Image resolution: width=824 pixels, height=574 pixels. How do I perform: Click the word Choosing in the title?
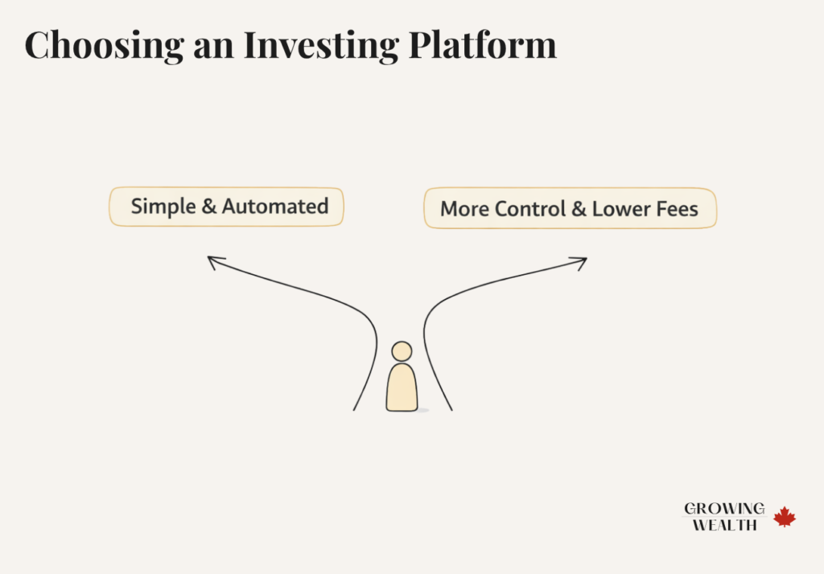point(102,45)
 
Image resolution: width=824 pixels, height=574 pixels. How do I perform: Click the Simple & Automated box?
point(226,207)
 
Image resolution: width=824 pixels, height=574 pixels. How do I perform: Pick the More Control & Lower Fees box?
point(570,209)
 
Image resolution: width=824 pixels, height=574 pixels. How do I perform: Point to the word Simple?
point(163,207)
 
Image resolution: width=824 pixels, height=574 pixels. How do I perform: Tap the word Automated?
point(275,207)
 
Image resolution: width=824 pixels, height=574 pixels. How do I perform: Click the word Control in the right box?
point(530,210)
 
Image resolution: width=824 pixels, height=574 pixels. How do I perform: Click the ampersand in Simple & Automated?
point(208,207)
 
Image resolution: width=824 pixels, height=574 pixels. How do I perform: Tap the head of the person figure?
point(402,351)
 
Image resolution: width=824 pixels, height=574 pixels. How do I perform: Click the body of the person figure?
point(402,387)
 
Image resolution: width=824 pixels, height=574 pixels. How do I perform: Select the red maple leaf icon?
point(785,517)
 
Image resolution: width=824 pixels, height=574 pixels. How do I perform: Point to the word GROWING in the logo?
point(724,509)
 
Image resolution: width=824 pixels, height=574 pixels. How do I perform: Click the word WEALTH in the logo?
point(724,525)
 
